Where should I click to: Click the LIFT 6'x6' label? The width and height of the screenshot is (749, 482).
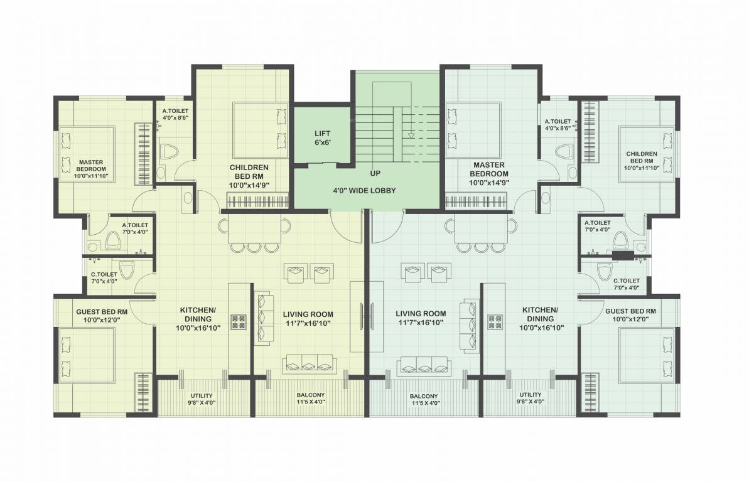(x=323, y=138)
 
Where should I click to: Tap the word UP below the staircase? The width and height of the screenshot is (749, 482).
(x=375, y=173)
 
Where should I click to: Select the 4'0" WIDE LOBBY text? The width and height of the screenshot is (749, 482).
(x=364, y=191)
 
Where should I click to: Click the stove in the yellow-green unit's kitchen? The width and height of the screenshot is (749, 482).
(x=239, y=323)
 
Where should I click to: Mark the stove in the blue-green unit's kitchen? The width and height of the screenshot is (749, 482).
(x=495, y=323)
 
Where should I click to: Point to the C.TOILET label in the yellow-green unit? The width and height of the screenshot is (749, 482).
(x=104, y=278)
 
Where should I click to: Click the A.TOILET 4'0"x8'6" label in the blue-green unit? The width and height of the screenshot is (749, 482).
(x=558, y=124)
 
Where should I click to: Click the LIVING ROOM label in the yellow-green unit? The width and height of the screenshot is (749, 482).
(x=308, y=318)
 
